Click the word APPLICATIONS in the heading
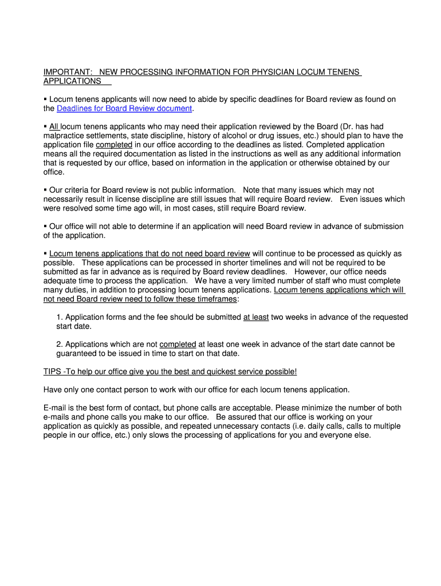tap(72, 81)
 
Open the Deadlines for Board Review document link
tap(124, 109)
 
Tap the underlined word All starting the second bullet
tap(54, 126)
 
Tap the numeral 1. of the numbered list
tap(60, 317)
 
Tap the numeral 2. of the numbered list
tap(60, 345)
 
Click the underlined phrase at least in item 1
tap(256, 317)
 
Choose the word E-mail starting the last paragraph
tap(56, 408)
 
